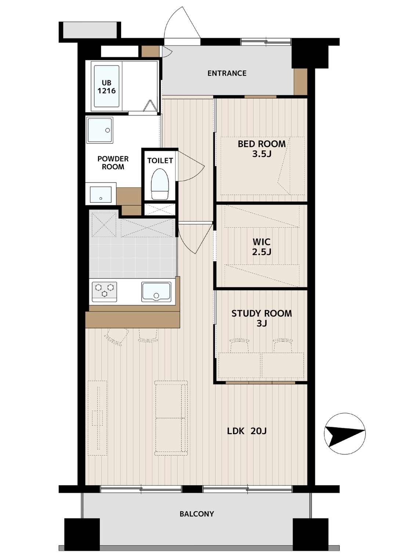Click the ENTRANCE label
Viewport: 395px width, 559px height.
[x=227, y=73]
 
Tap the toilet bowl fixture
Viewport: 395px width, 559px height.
[x=160, y=184]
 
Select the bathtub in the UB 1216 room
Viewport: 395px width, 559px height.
[x=106, y=86]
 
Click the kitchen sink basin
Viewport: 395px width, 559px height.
[x=156, y=292]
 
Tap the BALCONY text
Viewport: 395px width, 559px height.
[x=197, y=514]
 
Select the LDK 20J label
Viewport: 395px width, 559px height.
[x=247, y=431]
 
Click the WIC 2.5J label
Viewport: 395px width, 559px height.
[x=262, y=246]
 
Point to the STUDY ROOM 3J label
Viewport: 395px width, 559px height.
[x=262, y=318]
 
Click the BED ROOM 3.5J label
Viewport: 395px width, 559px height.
[x=262, y=149]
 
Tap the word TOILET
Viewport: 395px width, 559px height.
[x=160, y=161]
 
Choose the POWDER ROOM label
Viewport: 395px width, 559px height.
[x=113, y=163]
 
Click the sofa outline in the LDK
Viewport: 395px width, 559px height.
[x=171, y=418]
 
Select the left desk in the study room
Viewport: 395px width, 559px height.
[x=239, y=365]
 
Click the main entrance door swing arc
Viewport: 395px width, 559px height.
[x=175, y=18]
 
